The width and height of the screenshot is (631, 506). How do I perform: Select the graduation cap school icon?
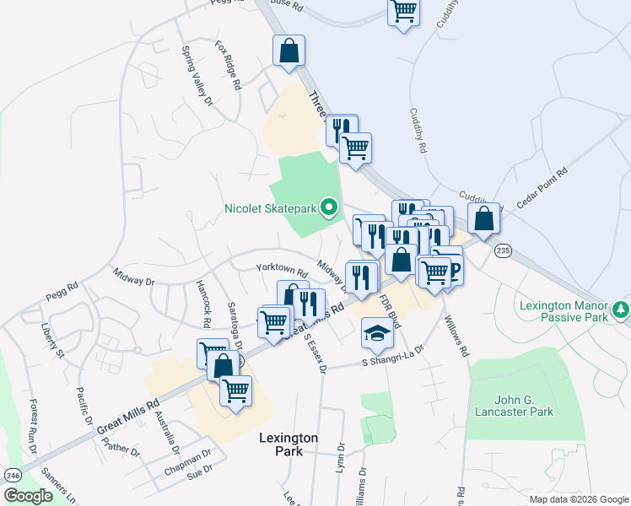pos(377,333)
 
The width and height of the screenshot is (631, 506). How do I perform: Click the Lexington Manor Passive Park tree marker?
pos(622,310)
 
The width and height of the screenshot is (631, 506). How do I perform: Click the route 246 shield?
pos(13,475)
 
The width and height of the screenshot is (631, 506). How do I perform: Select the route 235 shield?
pos(504,250)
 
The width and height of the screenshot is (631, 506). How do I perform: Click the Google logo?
pos(29,496)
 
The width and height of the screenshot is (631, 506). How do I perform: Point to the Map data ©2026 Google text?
pos(578,499)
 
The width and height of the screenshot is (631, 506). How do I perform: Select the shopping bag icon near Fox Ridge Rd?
pos(289,50)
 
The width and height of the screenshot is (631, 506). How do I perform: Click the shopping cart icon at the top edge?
pos(403,12)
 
